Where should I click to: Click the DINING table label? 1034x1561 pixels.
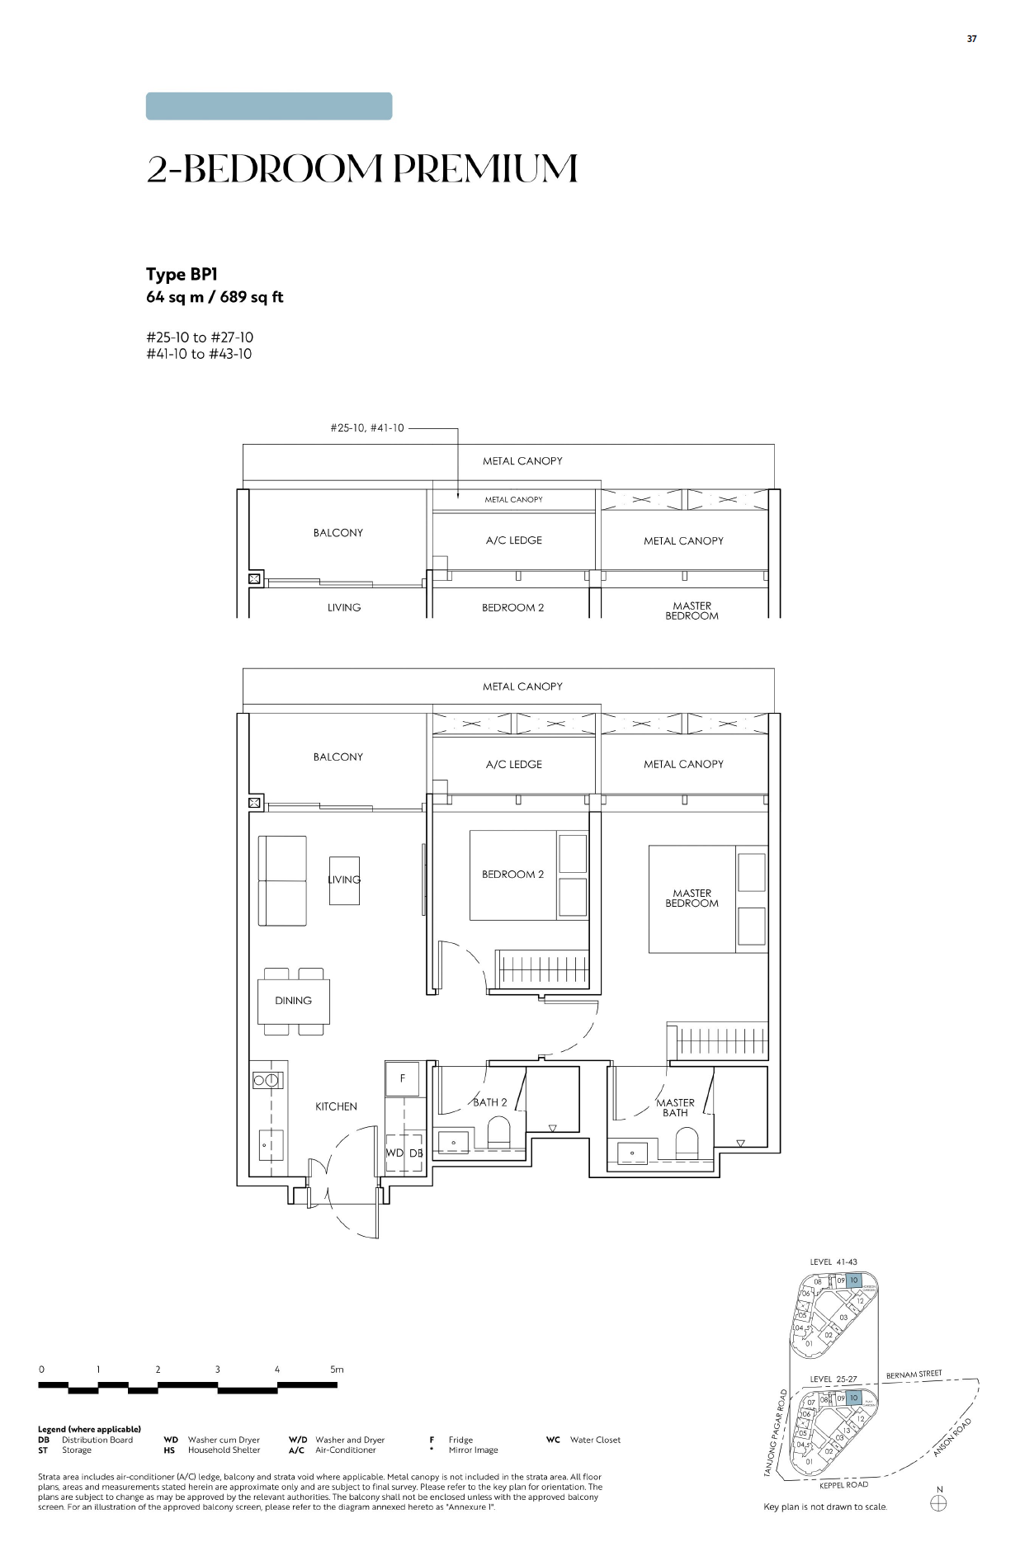pos(293,1000)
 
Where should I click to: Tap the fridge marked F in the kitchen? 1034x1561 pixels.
pos(403,1078)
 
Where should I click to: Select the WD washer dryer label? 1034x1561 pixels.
pos(394,1153)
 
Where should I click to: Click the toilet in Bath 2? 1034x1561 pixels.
pos(499,1132)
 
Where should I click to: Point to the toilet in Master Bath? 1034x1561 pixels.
pos(687,1143)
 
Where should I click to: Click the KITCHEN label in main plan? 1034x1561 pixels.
pos(336,1106)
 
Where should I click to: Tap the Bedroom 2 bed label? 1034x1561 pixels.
pos(512,875)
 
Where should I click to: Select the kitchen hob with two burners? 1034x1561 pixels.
pos(267,1080)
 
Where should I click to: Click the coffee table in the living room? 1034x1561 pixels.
pos(344,880)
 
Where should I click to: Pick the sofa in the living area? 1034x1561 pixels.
pos(282,880)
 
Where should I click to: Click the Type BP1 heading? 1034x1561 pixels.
pos(182,275)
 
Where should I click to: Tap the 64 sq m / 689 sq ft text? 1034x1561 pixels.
pos(215,297)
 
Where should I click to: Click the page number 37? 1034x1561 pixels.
pos(971,39)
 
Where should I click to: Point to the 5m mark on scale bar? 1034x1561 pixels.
pos(337,1369)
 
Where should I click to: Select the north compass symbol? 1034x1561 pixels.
pos(938,1502)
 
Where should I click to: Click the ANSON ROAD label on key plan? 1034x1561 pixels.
pos(952,1436)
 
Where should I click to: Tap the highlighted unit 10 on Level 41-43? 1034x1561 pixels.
pos(853,1280)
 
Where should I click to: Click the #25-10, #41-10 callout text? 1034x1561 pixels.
pos(366,428)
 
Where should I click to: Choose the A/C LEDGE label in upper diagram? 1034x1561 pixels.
pos(513,540)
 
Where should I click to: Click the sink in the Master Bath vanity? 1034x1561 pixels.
pos(632,1152)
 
